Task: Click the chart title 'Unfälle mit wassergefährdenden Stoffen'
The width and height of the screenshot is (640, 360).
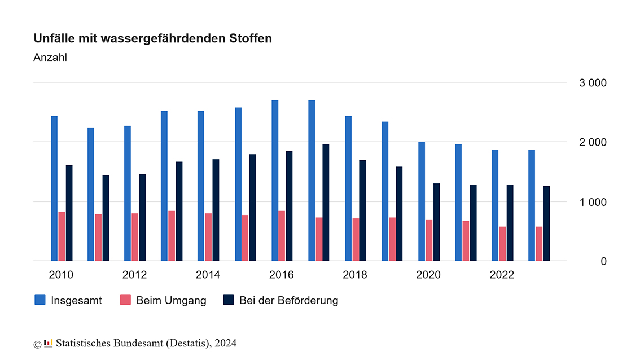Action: [x=152, y=38]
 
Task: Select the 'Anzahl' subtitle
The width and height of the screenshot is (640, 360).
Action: [x=50, y=58]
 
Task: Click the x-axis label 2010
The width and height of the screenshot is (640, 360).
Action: [x=61, y=275]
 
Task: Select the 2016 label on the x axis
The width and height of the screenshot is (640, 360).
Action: [x=281, y=275]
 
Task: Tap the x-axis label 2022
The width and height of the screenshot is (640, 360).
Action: [x=502, y=275]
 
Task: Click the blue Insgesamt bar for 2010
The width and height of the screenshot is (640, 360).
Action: [x=54, y=188]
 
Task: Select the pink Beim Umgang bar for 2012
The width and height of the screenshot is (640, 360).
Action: [x=135, y=237]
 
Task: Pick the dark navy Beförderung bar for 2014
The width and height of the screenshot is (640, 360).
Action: [x=216, y=210]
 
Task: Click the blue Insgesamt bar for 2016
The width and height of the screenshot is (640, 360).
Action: [x=274, y=181]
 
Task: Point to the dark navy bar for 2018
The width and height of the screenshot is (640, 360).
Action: [x=362, y=210]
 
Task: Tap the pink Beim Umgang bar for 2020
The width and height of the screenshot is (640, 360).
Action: [x=429, y=240]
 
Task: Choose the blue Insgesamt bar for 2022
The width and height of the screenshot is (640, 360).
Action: [x=495, y=205]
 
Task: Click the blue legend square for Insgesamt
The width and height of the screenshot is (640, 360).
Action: [x=40, y=300]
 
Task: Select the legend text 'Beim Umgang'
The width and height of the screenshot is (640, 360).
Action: [x=171, y=300]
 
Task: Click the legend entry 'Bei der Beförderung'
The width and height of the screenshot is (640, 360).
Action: [x=288, y=300]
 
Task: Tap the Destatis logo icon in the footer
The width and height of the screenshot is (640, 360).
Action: [x=49, y=343]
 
